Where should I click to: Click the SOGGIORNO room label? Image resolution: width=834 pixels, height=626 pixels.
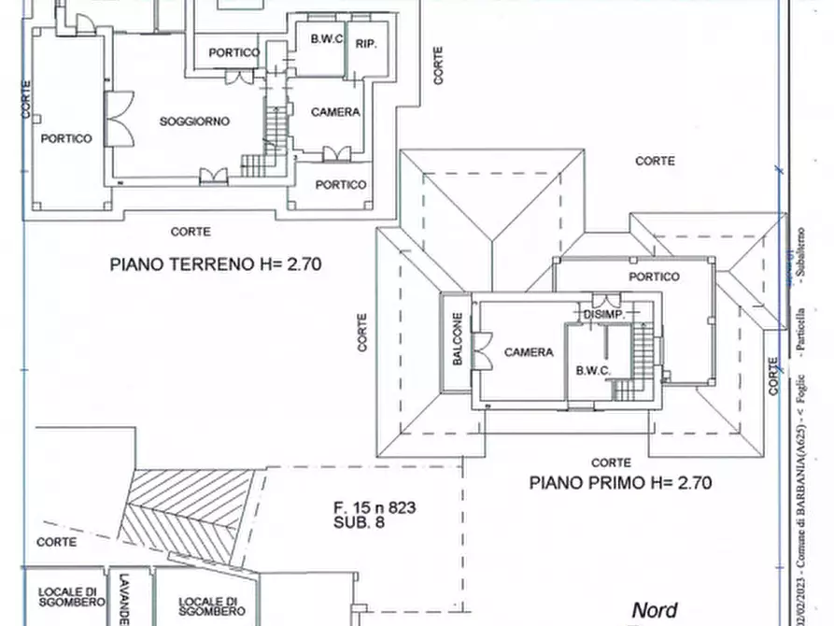click(194, 121)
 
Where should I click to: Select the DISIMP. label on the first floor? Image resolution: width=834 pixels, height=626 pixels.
click(603, 315)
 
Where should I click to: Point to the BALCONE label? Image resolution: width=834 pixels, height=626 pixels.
click(458, 339)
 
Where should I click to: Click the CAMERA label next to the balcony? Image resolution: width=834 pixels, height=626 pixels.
click(529, 352)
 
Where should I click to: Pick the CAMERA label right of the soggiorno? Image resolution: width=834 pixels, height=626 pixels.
click(335, 112)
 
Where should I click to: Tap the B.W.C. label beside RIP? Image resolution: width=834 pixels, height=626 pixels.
click(327, 40)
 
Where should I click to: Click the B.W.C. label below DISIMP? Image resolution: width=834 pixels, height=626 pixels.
click(592, 371)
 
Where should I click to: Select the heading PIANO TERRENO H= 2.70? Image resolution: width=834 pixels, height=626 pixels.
click(216, 264)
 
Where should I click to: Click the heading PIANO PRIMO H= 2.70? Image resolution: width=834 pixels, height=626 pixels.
click(620, 483)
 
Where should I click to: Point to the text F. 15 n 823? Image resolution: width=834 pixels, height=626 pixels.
click(375, 507)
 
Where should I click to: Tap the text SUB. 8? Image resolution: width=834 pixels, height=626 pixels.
click(359, 522)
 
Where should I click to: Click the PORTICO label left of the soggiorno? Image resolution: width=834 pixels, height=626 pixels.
click(66, 138)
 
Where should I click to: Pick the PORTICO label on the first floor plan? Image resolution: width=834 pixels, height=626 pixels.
click(654, 277)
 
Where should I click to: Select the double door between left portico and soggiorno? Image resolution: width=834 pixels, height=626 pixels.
click(119, 120)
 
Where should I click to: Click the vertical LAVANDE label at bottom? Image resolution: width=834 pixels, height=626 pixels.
click(121, 599)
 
